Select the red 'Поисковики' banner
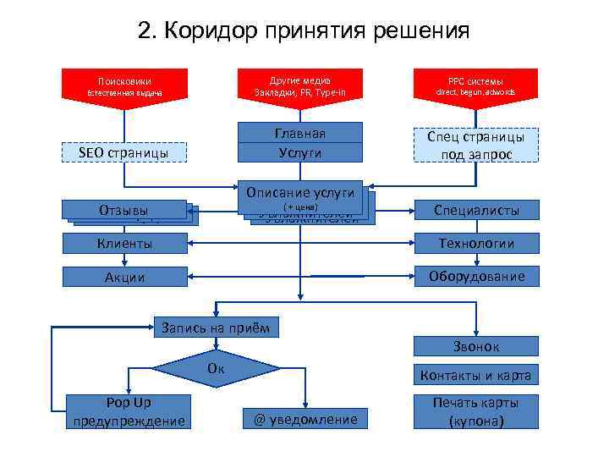pyautogui.click(x=125, y=86)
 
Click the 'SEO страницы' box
pyautogui.click(x=124, y=153)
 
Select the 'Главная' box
pyautogui.click(x=299, y=133)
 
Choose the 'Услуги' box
pyautogui.click(x=299, y=153)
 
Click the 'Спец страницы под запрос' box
pyautogui.click(x=475, y=145)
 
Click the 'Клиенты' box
pyautogui.click(x=127, y=244)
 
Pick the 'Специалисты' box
pyautogui.click(x=475, y=211)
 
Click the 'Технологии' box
pyautogui.click(x=475, y=244)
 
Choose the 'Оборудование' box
pyautogui.click(x=475, y=277)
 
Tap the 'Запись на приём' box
pyautogui.click(x=216, y=327)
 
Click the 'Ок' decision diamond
pyautogui.click(x=216, y=369)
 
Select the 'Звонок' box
pyautogui.click(x=475, y=346)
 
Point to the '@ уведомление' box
pyautogui.click(x=306, y=419)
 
